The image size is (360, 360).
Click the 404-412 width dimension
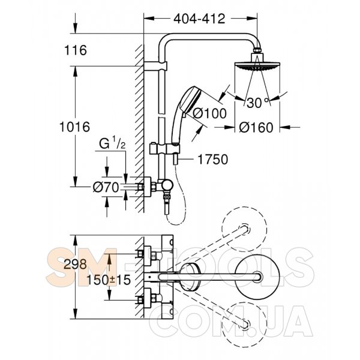pos(199,19)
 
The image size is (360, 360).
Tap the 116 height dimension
pos(76,50)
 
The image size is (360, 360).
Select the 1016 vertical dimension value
pos(74,127)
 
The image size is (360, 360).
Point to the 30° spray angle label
pos(257,103)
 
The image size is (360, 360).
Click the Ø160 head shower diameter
pos(256,127)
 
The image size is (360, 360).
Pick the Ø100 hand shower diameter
pos(209,113)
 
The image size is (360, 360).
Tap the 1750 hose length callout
pos(213,160)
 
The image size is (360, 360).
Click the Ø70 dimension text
pos(106,187)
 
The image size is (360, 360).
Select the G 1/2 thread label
pos(112,144)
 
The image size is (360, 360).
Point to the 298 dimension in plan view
pos(75,264)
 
